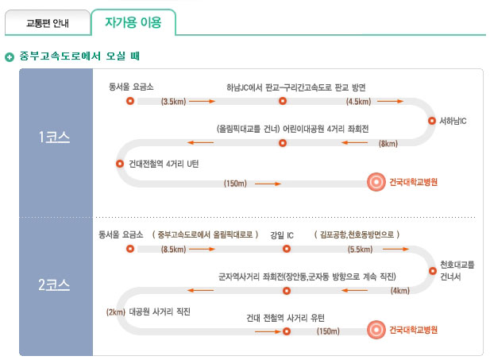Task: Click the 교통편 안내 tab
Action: (x=48, y=23)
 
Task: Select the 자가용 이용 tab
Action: (x=133, y=22)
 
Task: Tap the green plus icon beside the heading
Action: (x=10, y=57)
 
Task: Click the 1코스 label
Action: (x=54, y=137)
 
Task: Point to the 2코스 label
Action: (x=54, y=285)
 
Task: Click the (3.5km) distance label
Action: (x=173, y=102)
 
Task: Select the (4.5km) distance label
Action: (x=358, y=102)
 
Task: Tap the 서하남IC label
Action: (x=453, y=121)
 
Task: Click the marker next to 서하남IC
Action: (x=432, y=121)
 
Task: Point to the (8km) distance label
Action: (x=388, y=144)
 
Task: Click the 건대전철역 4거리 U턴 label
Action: (x=164, y=164)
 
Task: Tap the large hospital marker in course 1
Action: (x=376, y=182)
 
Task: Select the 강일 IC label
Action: (x=282, y=235)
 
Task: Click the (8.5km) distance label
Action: (x=173, y=250)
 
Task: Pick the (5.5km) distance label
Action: (x=360, y=250)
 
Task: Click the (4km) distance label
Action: (x=400, y=291)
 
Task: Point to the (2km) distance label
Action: (x=116, y=312)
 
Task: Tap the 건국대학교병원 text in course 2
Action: (x=413, y=330)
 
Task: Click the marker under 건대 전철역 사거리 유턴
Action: (x=287, y=331)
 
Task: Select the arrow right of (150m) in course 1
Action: (x=268, y=184)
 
